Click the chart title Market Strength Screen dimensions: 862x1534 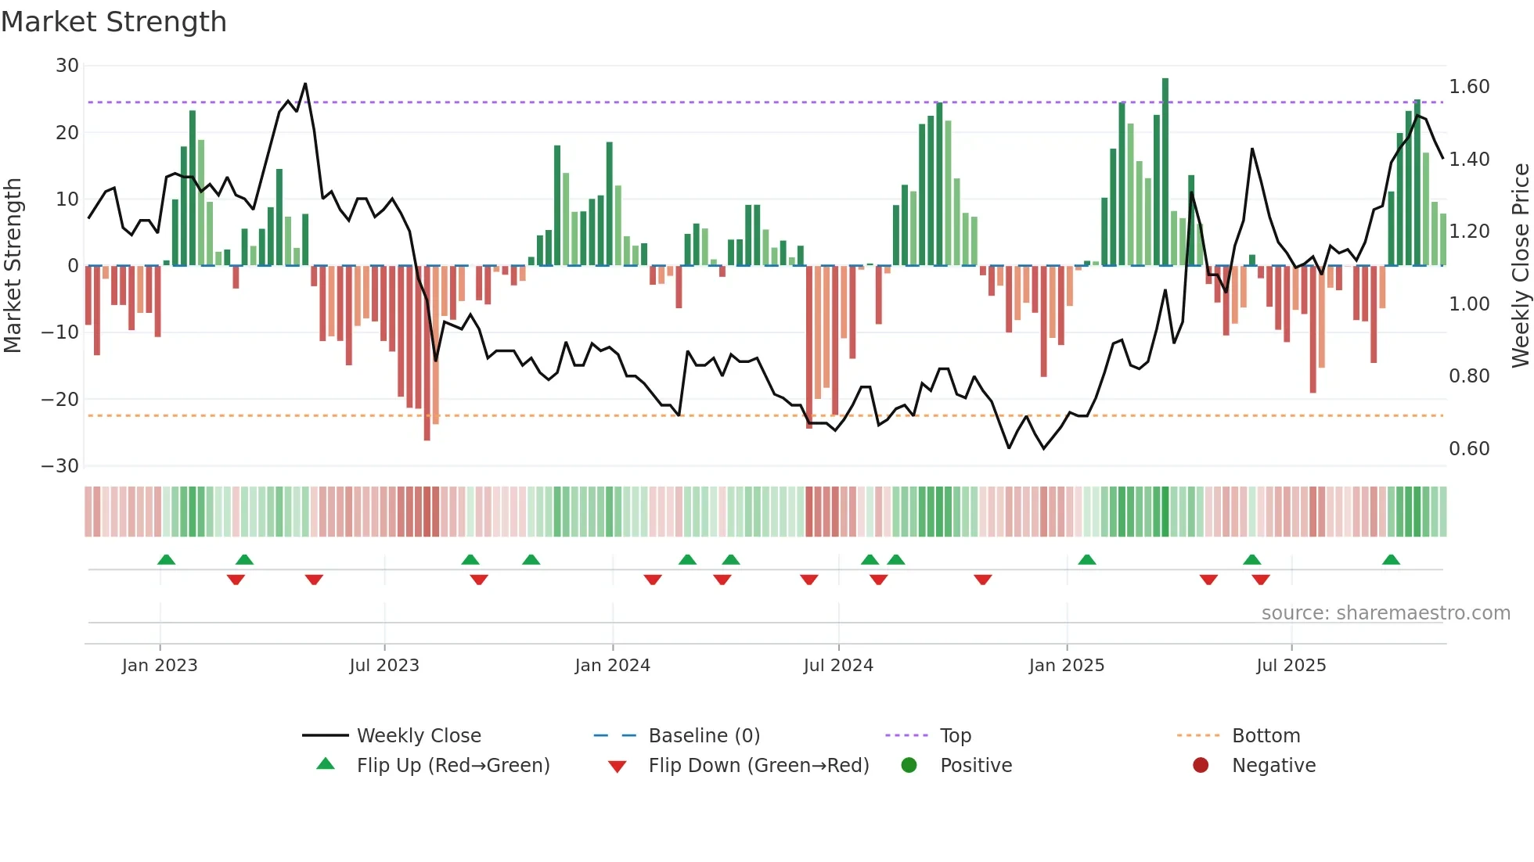click(x=113, y=22)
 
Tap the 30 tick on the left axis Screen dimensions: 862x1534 click(x=67, y=66)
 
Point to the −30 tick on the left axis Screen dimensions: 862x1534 click(x=60, y=466)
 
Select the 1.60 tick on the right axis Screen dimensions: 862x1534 click(x=1469, y=87)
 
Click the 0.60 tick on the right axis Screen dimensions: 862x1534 click(x=1469, y=449)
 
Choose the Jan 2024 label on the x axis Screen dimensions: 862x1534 click(x=612, y=666)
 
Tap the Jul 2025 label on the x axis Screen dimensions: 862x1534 click(x=1291, y=666)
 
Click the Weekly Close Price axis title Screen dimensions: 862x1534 click(x=1520, y=266)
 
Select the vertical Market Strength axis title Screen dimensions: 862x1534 click(x=13, y=266)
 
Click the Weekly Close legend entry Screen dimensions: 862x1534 click(x=418, y=736)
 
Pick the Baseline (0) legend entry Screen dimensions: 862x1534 click(x=704, y=736)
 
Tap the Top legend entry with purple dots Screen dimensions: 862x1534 click(x=955, y=736)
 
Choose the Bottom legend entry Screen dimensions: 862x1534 click(x=1266, y=736)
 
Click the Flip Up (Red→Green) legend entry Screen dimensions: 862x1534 click(x=452, y=766)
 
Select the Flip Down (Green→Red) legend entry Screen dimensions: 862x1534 click(x=758, y=766)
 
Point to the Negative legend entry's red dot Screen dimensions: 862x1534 click(x=1201, y=766)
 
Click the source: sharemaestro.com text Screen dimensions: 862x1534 click(x=1385, y=613)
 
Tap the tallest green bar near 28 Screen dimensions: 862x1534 click(x=1165, y=172)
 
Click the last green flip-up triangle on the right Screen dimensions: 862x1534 click(x=1391, y=560)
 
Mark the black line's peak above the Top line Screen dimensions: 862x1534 click(x=305, y=84)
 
